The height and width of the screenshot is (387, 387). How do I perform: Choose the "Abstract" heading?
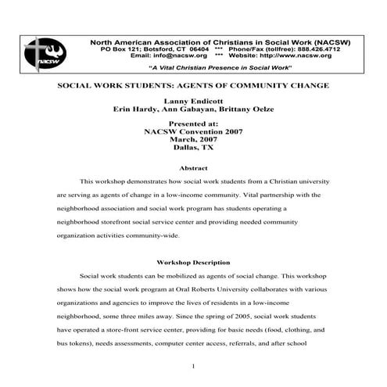[x=193, y=167]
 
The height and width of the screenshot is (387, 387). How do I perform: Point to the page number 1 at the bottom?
[x=193, y=366]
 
